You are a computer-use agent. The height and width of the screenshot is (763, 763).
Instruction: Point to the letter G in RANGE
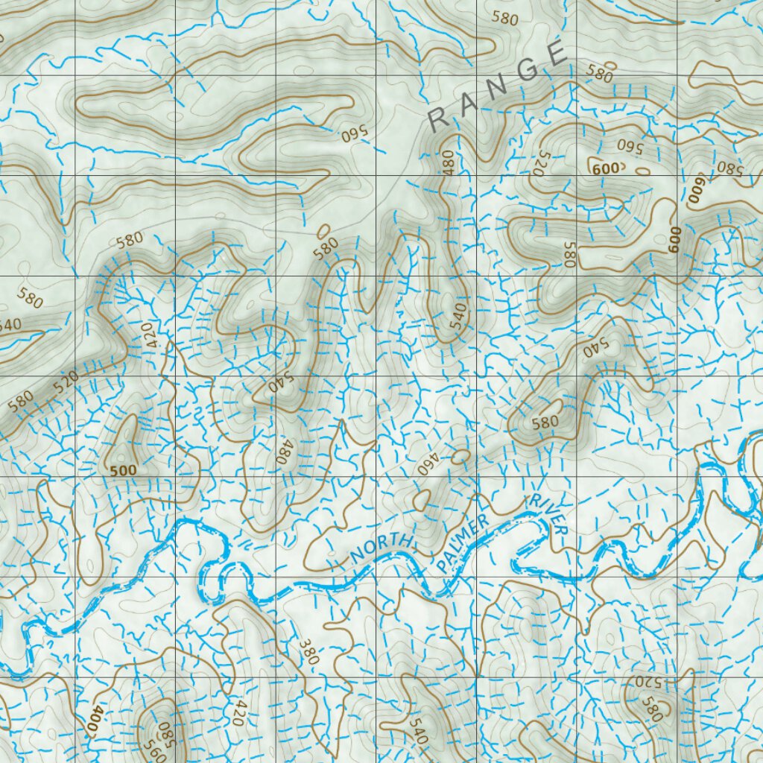pos(527,70)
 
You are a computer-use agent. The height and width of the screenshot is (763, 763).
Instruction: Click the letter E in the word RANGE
pos(556,54)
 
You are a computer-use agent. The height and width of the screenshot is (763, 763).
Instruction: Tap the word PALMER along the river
pos(464,545)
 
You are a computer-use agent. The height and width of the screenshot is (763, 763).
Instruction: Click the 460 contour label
pos(425,462)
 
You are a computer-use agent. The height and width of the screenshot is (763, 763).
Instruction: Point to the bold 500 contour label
pos(123,471)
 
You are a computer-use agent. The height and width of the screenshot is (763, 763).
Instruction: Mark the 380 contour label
pos(308,650)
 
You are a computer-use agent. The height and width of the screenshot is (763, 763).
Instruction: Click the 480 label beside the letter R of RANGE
pos(447,163)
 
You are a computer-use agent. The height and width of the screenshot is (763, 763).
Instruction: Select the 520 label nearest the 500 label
pos(66,381)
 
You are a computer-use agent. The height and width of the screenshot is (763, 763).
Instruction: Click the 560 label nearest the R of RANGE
pos(355,135)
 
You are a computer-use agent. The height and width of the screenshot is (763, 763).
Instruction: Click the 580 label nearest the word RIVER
pos(545,422)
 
